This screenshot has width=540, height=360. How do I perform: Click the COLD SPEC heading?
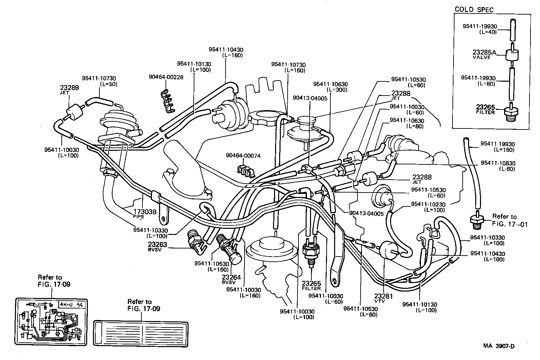474,9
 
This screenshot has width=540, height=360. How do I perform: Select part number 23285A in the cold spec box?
484,53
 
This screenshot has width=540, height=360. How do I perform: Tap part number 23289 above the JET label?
70,87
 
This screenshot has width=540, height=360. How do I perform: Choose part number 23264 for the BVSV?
231,277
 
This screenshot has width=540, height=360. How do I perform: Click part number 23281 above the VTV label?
383,296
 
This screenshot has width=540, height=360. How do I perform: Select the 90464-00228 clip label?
166,77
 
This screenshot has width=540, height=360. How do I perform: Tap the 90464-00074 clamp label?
243,156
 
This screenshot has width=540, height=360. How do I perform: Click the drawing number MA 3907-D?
499,346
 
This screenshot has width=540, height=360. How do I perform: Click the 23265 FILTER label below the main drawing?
311,285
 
